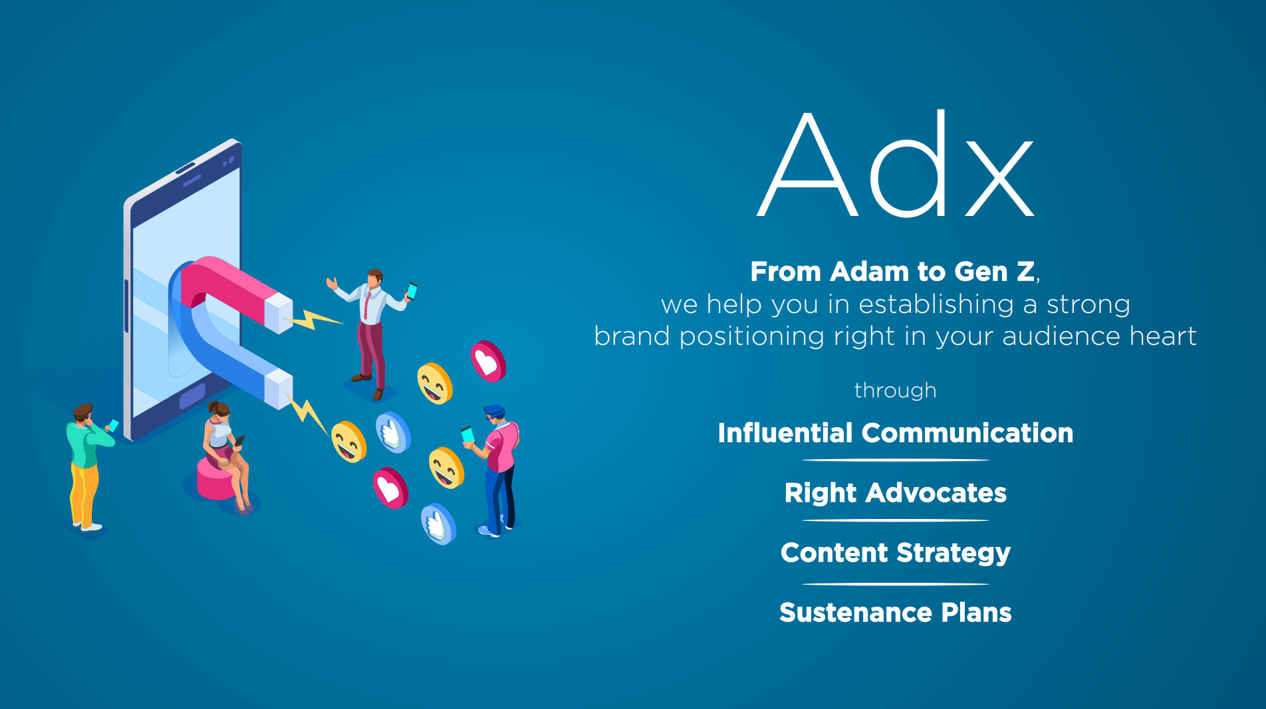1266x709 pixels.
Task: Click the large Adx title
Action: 896,164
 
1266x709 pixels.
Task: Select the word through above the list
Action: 896,390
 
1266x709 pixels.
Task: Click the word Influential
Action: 785,433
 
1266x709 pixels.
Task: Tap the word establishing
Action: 936,305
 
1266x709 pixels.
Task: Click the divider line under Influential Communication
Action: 896,460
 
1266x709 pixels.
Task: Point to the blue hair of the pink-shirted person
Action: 495,411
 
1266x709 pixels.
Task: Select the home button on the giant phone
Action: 193,396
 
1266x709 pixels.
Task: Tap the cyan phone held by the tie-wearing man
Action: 412,291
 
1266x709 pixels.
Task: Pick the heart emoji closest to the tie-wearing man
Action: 489,361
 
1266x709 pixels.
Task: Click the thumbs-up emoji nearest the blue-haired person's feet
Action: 439,524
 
